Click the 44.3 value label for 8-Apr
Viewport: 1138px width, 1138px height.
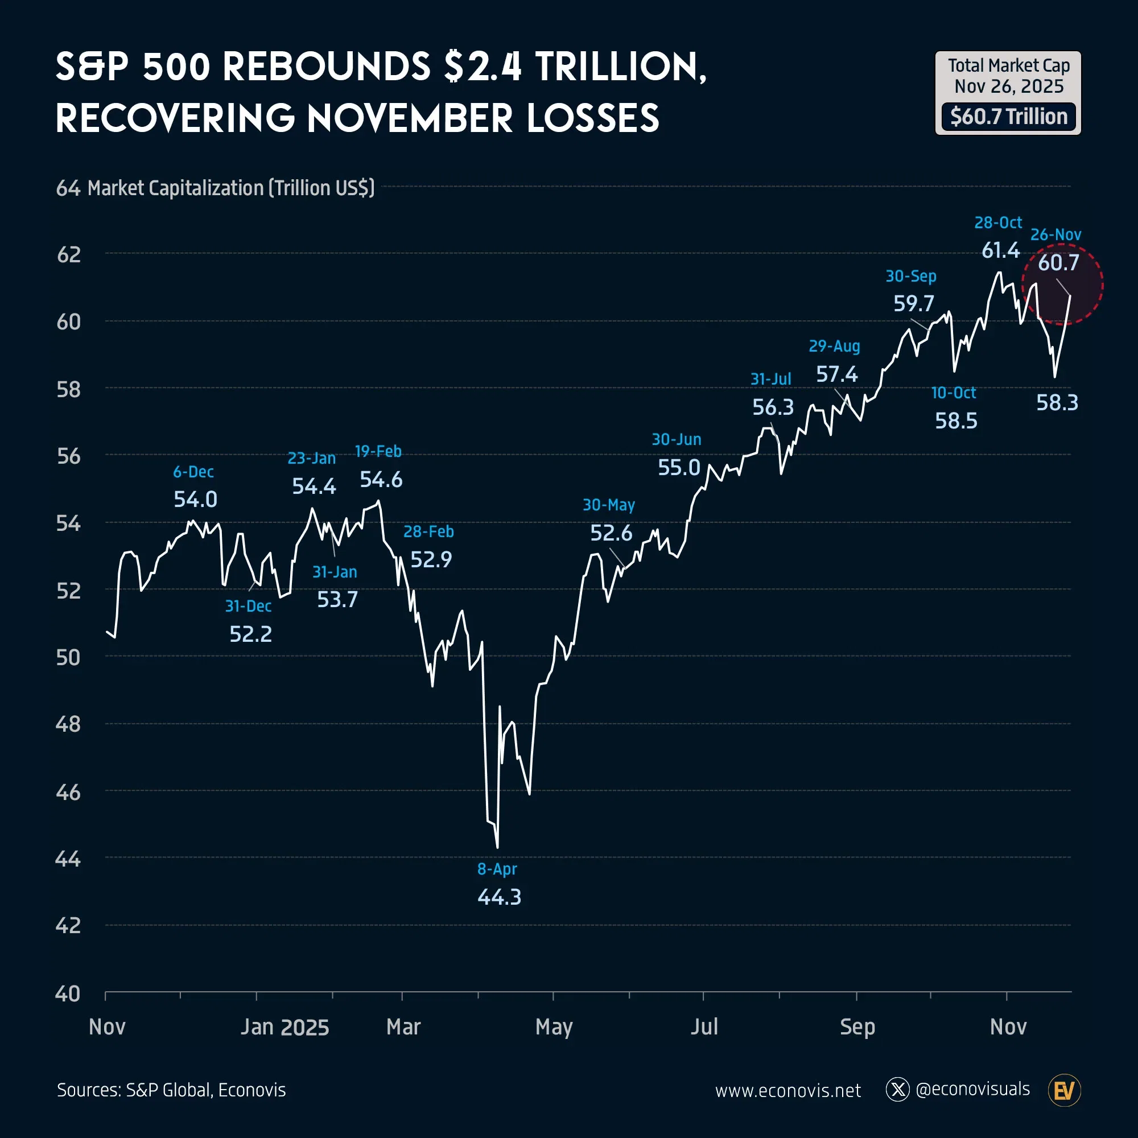click(x=499, y=897)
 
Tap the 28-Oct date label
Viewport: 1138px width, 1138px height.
click(x=998, y=222)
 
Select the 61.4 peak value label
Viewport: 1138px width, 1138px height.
click(x=1000, y=250)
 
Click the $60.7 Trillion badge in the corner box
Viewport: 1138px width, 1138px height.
click(x=1008, y=117)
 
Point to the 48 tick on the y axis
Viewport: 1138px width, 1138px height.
click(x=68, y=724)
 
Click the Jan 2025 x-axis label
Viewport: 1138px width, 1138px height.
click(x=284, y=1027)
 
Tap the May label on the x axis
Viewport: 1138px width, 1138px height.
click(x=554, y=1027)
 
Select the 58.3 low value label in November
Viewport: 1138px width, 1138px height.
click(x=1057, y=403)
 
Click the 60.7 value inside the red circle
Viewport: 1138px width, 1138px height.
click(x=1058, y=263)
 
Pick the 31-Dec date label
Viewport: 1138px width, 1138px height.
click(x=248, y=606)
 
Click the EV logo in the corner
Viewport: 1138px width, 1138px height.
click(x=1065, y=1090)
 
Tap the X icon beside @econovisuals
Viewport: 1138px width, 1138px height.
click(x=898, y=1090)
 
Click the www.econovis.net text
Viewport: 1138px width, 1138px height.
click(x=787, y=1091)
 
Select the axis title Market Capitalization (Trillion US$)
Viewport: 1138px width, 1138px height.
click(x=231, y=188)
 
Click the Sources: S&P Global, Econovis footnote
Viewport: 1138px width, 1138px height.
click(x=171, y=1090)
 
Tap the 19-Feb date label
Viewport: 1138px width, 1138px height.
click(x=378, y=451)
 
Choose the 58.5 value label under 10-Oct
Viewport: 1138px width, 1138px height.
click(x=955, y=421)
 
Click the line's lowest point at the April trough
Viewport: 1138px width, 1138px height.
click(x=498, y=847)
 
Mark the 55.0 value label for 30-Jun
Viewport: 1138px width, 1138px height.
click(x=679, y=468)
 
